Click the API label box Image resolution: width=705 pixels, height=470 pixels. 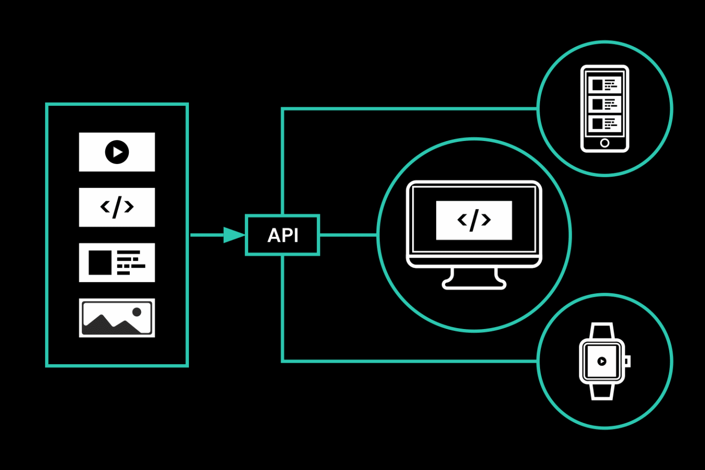point(282,235)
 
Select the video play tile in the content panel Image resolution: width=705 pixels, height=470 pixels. point(117,152)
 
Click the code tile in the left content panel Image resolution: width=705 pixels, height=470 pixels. point(117,207)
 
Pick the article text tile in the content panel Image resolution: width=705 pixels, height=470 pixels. point(117,262)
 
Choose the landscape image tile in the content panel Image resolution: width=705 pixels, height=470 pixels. point(117,318)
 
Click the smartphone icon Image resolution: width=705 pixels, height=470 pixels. point(605,109)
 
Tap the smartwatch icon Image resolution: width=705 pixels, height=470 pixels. point(602,361)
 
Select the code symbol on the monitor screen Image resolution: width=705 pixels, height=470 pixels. point(474,220)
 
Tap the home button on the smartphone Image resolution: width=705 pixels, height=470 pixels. point(605,143)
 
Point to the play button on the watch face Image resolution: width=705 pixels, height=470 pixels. point(602,361)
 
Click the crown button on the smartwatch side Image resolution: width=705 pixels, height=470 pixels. point(628,361)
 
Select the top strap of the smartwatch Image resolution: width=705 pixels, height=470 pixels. point(602,330)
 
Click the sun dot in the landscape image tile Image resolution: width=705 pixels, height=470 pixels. point(137,312)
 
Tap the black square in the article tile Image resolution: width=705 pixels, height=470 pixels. point(100,262)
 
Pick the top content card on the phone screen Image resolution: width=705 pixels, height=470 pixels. point(605,85)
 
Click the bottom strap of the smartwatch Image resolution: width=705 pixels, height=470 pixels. point(602,392)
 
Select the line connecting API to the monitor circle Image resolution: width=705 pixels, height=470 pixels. point(348,235)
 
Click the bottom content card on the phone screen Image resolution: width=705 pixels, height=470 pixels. point(605,123)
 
